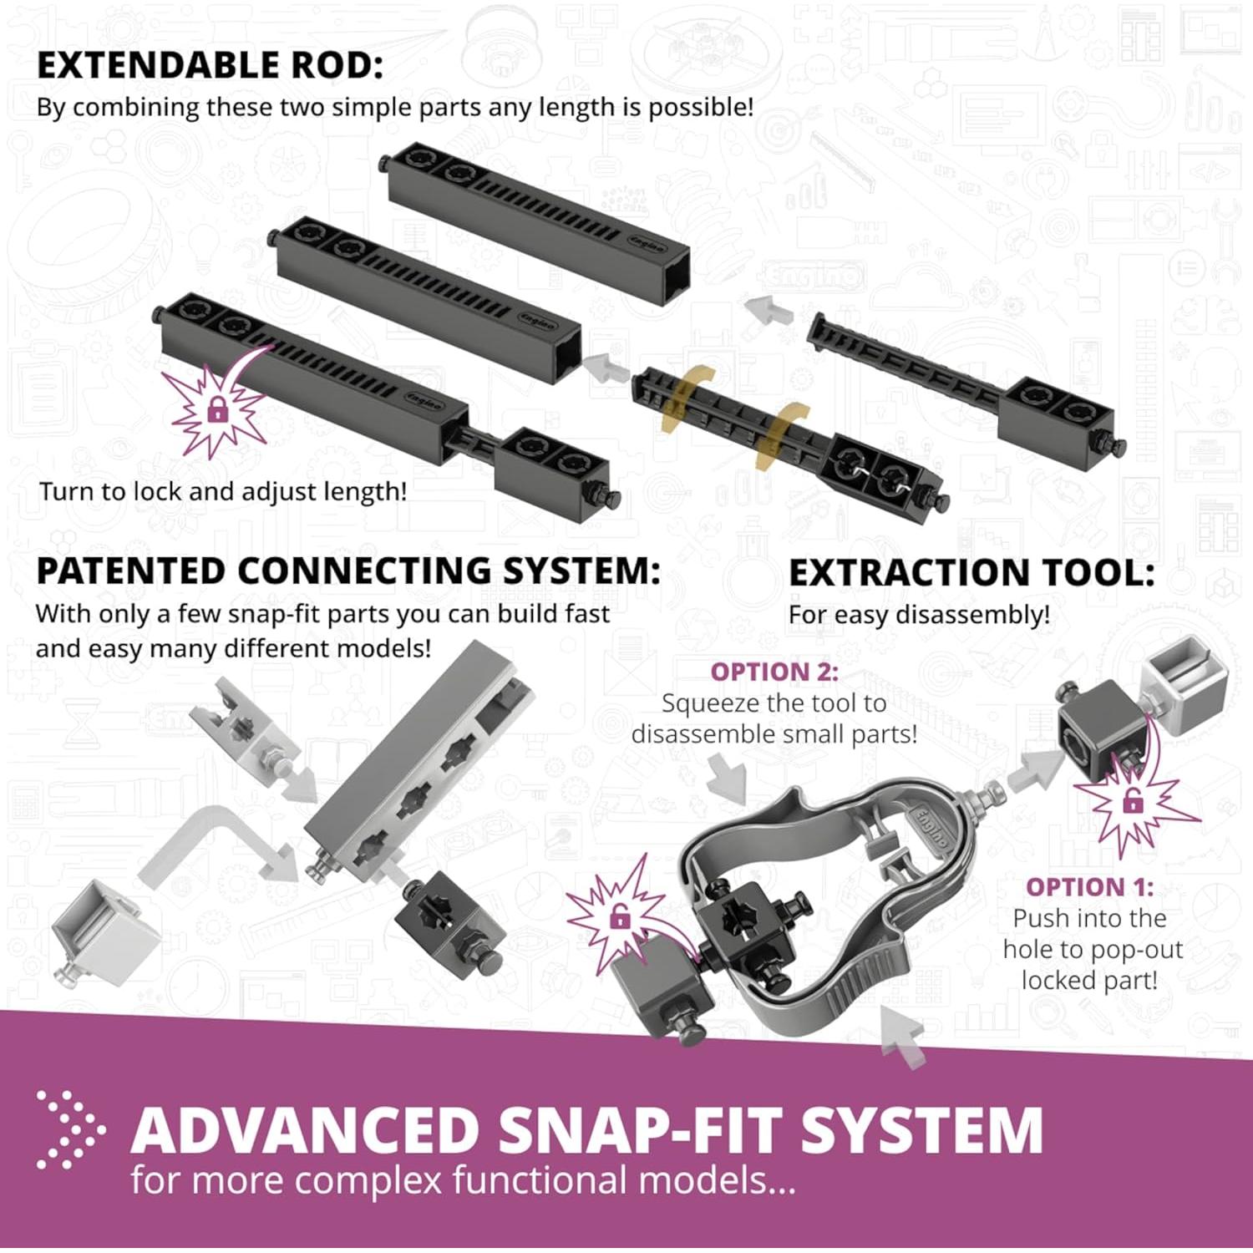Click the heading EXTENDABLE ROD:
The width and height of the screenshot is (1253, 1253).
210,66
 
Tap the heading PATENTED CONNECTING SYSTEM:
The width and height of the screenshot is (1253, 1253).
348,571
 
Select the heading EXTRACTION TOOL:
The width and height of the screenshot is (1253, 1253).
971,573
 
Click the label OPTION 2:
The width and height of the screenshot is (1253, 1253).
774,672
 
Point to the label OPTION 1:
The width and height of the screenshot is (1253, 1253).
1089,886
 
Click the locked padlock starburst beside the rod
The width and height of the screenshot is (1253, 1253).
216,409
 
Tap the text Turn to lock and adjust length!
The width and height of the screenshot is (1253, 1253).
223,491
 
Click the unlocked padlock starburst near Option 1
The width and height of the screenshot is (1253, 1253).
1133,803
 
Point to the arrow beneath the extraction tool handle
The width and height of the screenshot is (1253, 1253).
905,1036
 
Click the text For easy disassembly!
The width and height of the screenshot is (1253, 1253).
919,615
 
